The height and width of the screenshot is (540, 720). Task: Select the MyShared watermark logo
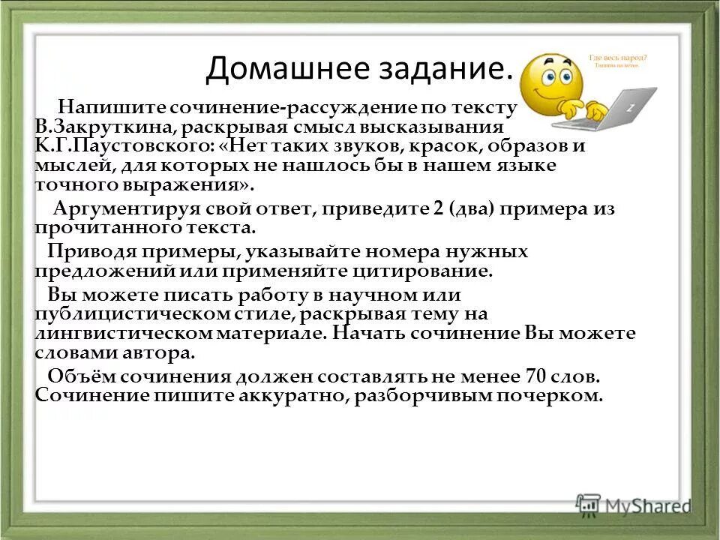(633, 505)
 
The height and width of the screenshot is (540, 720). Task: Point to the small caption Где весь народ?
(617, 57)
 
